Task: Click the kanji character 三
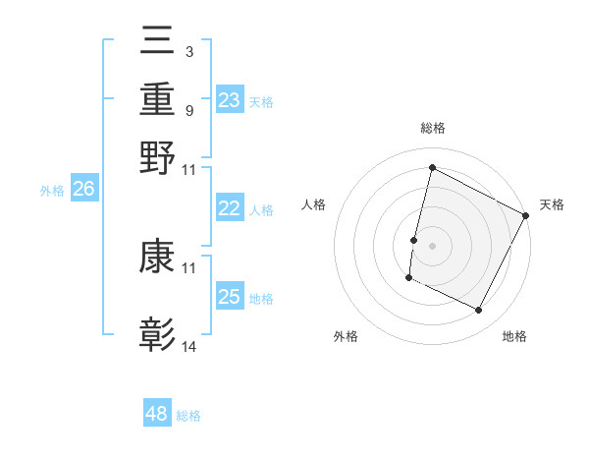[x=158, y=41]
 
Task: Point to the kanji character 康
[x=158, y=258]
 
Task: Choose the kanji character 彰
[x=158, y=334]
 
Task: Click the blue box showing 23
[x=230, y=100]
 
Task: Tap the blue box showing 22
[x=230, y=208]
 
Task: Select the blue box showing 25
[x=230, y=297]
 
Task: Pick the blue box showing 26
[x=84, y=190]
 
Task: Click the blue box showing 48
[x=157, y=414]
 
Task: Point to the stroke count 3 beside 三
[x=188, y=51]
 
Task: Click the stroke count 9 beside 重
[x=188, y=109]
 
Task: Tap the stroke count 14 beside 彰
[x=189, y=346]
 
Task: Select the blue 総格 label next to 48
[x=188, y=416]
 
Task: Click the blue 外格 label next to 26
[x=52, y=192]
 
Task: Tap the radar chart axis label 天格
[x=552, y=204]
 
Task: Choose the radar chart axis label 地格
[x=514, y=336]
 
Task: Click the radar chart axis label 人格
[x=314, y=204]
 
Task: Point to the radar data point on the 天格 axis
[x=526, y=215]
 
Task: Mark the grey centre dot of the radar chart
[x=432, y=245]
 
